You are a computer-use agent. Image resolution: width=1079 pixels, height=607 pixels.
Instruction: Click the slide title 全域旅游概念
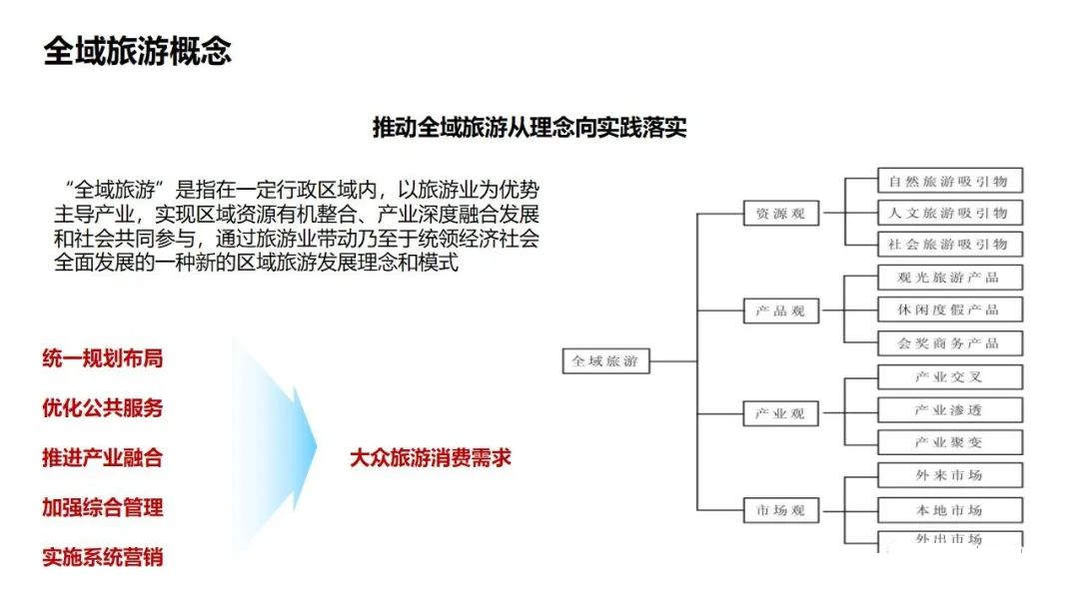point(138,52)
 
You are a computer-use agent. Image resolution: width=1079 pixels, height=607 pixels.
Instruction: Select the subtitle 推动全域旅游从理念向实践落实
point(530,127)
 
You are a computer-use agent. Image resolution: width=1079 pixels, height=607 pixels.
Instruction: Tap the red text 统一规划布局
point(103,358)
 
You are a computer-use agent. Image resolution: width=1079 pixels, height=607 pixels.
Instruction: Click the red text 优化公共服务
point(103,407)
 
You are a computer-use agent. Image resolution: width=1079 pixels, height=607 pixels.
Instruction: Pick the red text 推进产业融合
point(103,458)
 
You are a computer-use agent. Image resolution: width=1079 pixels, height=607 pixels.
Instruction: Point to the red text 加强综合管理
point(103,507)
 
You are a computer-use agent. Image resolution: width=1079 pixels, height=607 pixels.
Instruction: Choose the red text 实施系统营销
point(103,557)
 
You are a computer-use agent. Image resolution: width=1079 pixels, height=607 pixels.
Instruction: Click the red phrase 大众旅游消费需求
point(431,458)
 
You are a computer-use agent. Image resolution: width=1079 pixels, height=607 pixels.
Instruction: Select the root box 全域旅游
point(605,360)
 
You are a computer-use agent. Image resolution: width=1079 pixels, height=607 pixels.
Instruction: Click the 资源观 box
point(781,213)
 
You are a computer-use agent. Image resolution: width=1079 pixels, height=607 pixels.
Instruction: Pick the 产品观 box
point(781,310)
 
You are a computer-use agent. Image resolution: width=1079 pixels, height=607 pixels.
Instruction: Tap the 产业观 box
point(781,414)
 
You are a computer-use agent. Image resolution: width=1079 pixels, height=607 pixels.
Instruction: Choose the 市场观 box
point(781,510)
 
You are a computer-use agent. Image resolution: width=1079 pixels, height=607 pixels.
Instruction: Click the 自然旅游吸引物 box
point(950,181)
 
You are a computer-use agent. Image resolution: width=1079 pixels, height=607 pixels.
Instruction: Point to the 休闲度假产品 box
point(950,309)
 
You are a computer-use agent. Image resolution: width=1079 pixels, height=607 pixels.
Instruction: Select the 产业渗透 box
point(950,409)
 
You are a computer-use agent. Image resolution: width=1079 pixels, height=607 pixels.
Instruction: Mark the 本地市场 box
point(950,510)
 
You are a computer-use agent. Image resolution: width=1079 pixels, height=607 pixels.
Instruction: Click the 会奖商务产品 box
point(950,343)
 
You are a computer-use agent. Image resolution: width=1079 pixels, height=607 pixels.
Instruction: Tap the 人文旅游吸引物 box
point(950,213)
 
